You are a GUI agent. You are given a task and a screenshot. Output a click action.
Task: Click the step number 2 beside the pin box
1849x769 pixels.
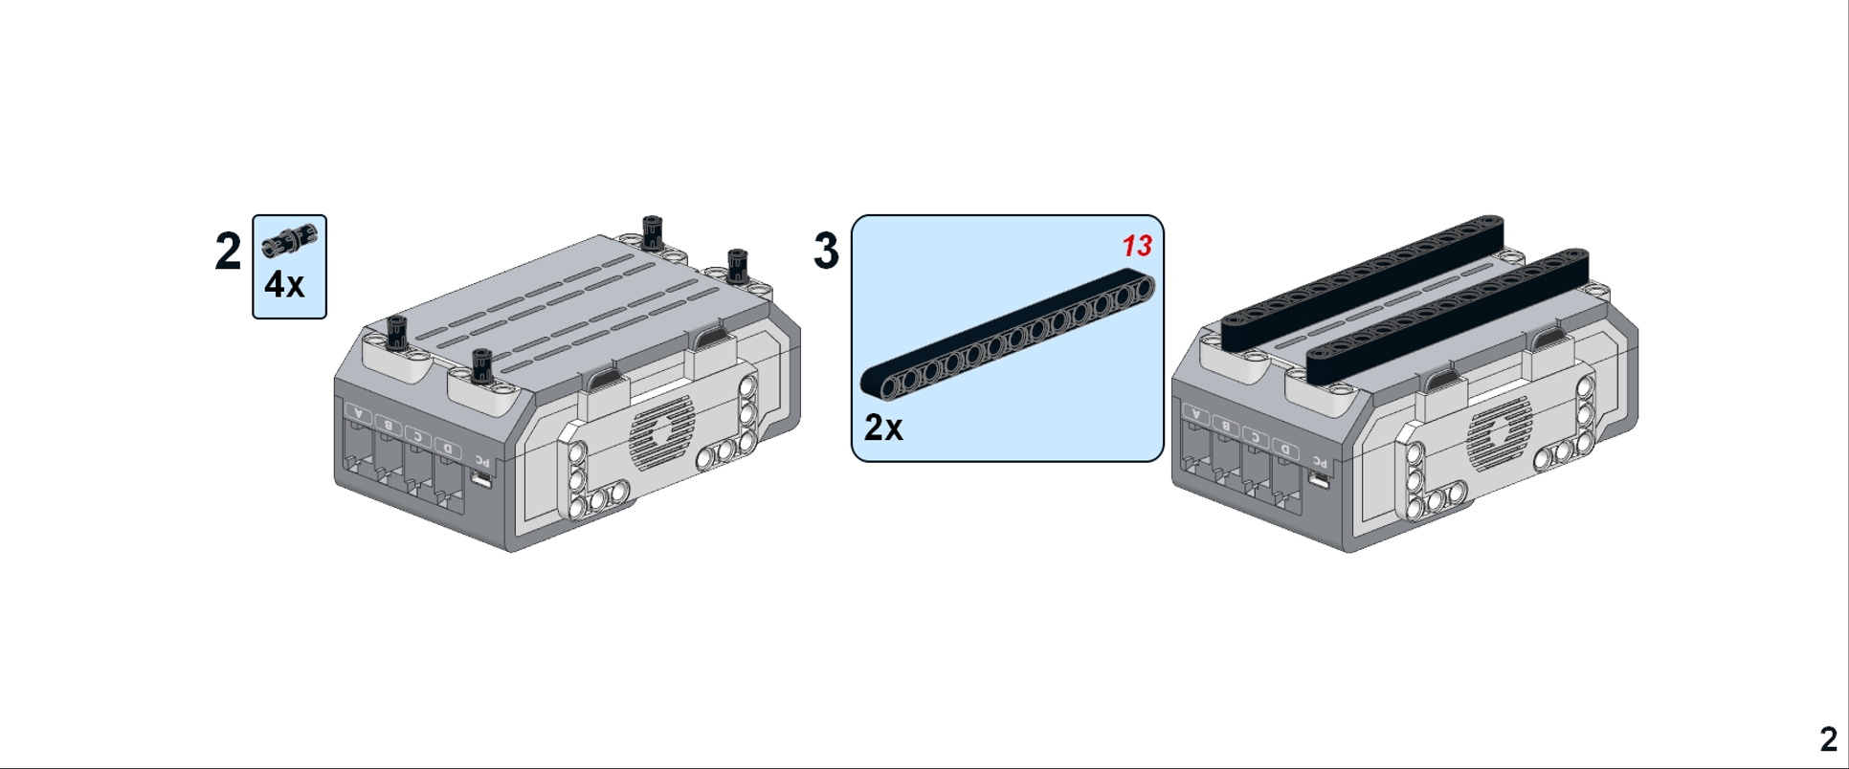tap(228, 252)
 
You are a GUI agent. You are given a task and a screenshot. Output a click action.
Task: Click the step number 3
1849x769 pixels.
tap(826, 251)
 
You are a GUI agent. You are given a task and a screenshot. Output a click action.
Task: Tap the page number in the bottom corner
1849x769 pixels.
tap(1828, 739)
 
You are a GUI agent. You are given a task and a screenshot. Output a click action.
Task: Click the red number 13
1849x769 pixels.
tap(1137, 247)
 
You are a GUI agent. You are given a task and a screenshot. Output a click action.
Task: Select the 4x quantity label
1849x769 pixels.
tap(284, 285)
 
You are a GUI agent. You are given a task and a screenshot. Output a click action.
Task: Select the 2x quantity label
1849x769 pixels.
tap(883, 428)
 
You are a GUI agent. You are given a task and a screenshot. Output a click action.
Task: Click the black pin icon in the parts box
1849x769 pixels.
tap(289, 240)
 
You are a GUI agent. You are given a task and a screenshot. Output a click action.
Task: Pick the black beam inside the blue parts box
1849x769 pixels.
tap(1007, 334)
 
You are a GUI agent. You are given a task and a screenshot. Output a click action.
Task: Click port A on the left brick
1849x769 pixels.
tap(359, 413)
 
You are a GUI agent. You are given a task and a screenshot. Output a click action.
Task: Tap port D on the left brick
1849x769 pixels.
tap(446, 447)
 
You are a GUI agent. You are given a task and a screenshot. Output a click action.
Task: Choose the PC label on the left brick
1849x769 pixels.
tap(481, 461)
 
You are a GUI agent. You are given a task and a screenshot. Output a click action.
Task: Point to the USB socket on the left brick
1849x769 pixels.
tap(481, 479)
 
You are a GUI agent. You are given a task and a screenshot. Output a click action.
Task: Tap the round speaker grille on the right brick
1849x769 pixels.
tap(1499, 431)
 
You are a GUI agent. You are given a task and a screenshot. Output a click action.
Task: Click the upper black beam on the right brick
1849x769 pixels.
tap(1363, 283)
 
